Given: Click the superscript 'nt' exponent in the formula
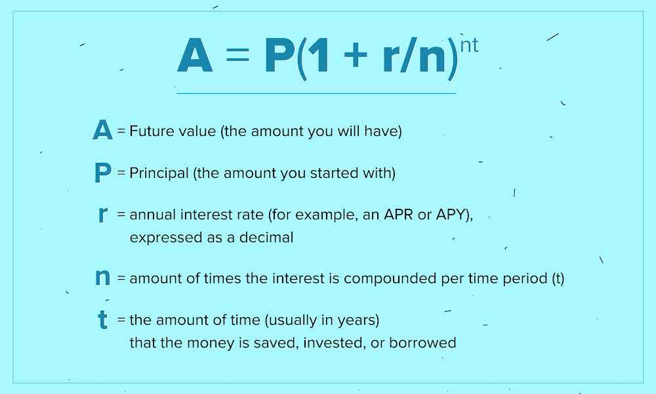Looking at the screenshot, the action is (x=469, y=45).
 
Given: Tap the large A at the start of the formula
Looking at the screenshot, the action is (x=195, y=56).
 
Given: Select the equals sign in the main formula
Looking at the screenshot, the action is (x=237, y=55).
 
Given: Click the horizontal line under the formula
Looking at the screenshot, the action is (x=316, y=93).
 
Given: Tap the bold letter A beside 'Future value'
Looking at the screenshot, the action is (x=102, y=130).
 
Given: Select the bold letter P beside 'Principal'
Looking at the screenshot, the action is (x=103, y=172).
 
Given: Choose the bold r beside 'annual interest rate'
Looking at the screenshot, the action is (x=103, y=214).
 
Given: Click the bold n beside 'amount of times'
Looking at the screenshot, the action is (x=102, y=277).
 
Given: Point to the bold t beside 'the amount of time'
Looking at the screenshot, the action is (x=102, y=320).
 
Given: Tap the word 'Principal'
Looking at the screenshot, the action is (x=159, y=173).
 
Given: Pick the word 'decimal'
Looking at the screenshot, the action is (x=266, y=238).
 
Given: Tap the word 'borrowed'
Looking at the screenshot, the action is (x=422, y=343).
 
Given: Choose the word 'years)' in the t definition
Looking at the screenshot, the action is (x=359, y=320).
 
